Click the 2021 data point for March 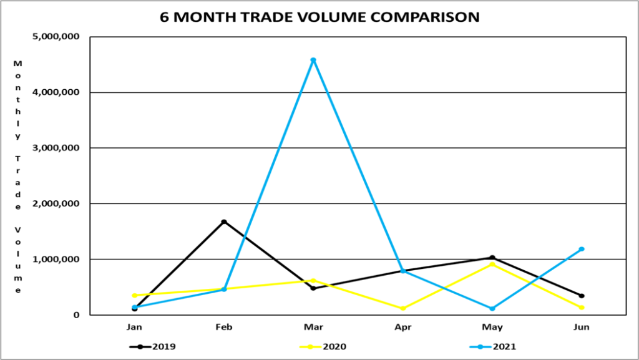(x=313, y=60)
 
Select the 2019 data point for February (x=223, y=221)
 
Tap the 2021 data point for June (x=582, y=249)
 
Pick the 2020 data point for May (x=492, y=264)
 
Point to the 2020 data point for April (x=402, y=308)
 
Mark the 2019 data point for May (x=492, y=258)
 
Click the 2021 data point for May (x=492, y=308)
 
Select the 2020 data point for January (x=134, y=295)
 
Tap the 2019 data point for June (x=582, y=296)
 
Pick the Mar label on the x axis (x=313, y=327)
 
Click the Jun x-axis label (x=582, y=327)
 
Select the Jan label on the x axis (x=134, y=327)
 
